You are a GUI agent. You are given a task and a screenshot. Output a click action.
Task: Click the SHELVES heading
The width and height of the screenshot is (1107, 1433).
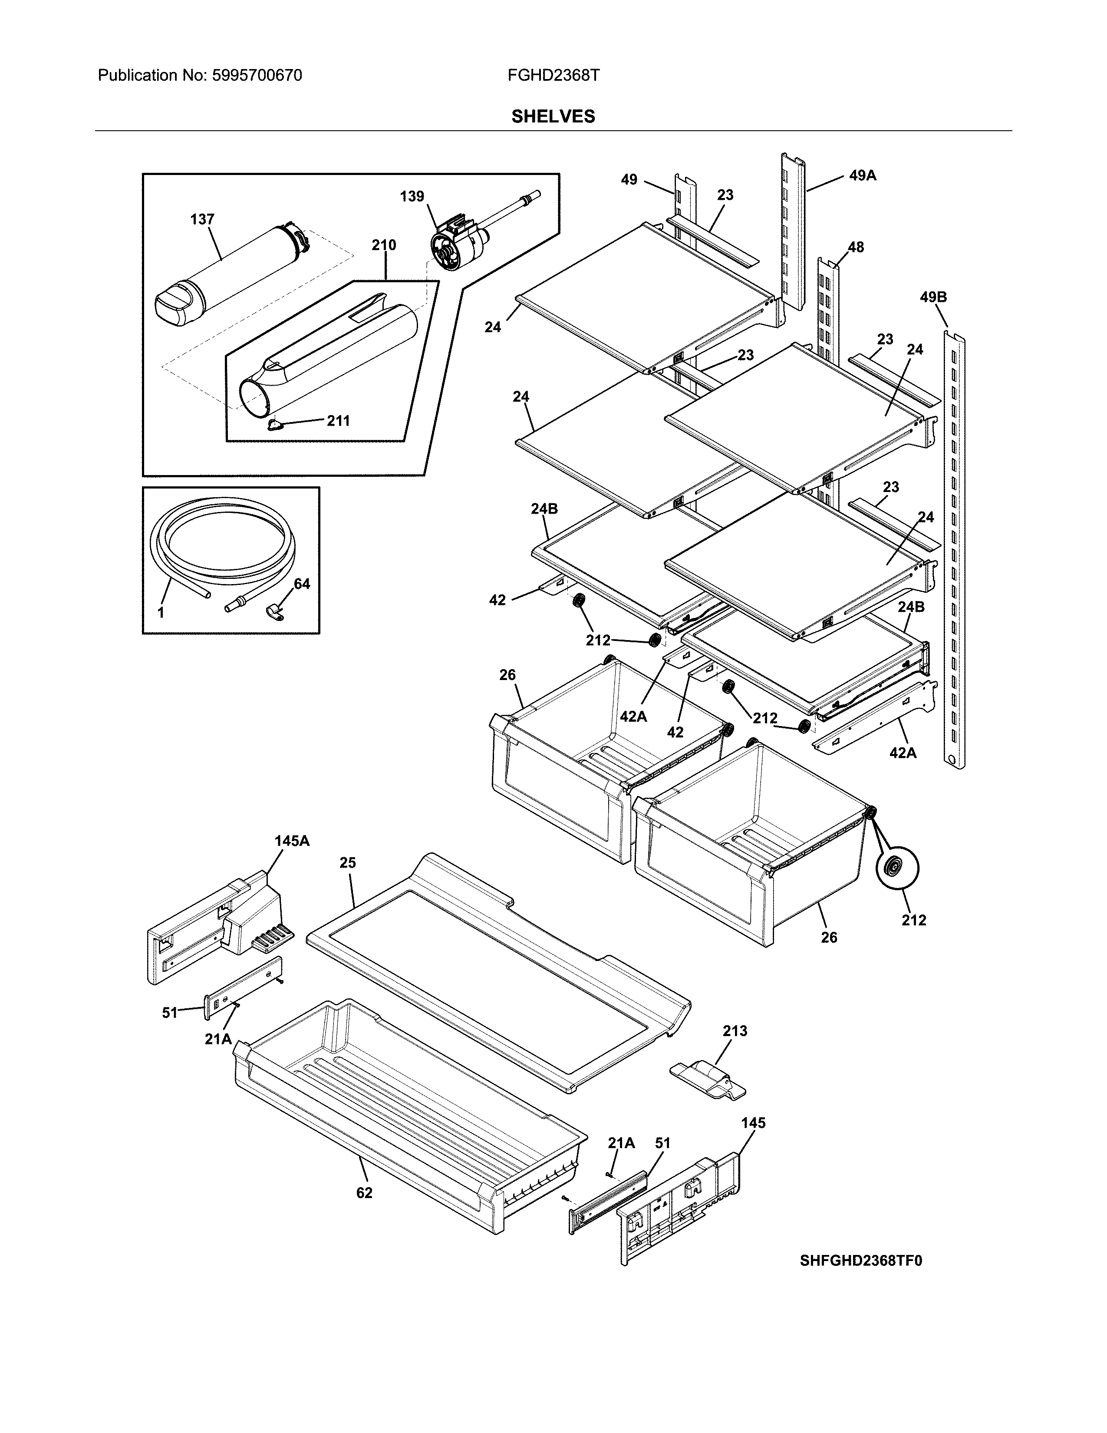(x=553, y=117)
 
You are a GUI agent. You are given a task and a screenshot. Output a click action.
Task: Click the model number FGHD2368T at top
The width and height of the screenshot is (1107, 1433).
(x=553, y=76)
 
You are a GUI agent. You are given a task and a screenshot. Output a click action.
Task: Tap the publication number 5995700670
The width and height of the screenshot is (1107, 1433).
(x=257, y=76)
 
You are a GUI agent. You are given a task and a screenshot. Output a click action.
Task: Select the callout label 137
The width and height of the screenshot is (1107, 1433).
(x=202, y=219)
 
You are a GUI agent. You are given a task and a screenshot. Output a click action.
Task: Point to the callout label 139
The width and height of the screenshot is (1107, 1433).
(x=412, y=196)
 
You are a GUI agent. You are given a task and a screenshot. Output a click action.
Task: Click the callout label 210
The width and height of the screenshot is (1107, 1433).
(x=384, y=245)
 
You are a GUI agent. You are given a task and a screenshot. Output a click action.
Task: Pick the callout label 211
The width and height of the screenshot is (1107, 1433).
(x=339, y=421)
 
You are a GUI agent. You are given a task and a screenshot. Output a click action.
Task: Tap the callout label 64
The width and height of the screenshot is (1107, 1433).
(x=302, y=583)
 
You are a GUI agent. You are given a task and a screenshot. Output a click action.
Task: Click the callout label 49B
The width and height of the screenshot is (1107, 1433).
(x=932, y=297)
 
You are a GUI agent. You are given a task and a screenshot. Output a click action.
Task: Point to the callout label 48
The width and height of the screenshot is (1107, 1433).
(x=855, y=248)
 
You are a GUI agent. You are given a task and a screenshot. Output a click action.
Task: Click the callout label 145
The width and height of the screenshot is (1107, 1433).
(x=753, y=1123)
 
